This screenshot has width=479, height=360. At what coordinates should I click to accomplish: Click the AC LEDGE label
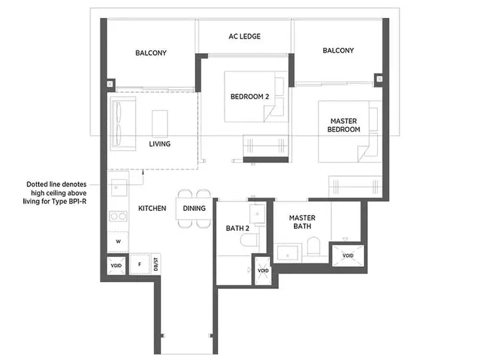click(244, 37)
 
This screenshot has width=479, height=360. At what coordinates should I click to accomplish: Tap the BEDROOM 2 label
click(249, 96)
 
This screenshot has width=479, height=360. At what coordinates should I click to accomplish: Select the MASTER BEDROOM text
click(345, 125)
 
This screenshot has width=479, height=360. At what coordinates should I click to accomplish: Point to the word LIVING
click(160, 144)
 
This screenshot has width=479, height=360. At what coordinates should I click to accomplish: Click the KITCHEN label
click(152, 208)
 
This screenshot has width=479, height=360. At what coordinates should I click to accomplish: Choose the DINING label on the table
click(194, 208)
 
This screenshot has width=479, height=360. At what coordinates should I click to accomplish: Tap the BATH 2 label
click(237, 228)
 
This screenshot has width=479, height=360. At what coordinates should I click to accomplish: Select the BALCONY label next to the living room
click(150, 53)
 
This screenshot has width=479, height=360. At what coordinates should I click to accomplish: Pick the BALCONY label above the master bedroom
click(338, 51)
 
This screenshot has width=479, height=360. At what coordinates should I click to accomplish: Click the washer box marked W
click(118, 242)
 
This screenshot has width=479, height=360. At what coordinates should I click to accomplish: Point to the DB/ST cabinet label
click(156, 264)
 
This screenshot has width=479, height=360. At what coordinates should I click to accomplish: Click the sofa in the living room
click(121, 122)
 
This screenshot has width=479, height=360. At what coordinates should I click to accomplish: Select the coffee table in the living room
click(160, 123)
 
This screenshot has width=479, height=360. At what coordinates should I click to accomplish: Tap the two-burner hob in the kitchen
click(118, 216)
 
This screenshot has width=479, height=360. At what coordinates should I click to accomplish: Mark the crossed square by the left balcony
click(110, 85)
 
